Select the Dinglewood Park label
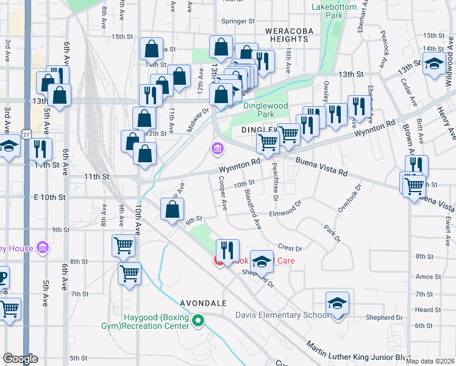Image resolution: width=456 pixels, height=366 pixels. point(264,110)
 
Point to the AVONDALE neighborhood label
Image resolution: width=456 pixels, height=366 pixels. point(204,303)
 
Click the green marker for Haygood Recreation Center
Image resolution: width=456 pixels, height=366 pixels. point(198,321)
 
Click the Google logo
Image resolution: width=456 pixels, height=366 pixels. point(21,359)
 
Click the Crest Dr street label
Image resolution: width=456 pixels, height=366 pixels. point(290,248)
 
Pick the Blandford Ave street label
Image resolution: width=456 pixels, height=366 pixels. point(252,209)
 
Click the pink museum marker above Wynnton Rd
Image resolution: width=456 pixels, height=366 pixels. point(217,148)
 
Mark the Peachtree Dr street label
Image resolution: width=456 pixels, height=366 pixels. point(275,179)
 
